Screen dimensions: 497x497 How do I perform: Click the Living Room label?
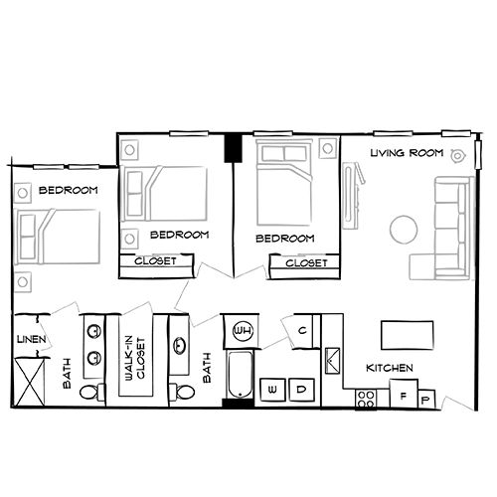[405, 153]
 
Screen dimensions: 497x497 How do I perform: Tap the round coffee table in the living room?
[404, 229]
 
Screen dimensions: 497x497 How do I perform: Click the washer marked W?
[272, 390]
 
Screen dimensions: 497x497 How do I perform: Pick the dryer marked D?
[301, 390]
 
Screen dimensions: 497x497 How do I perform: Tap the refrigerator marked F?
[403, 394]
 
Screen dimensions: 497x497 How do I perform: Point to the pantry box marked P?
[426, 400]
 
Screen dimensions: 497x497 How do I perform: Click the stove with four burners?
[365, 399]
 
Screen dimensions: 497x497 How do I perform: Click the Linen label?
[27, 340]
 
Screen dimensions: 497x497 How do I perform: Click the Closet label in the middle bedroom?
[155, 261]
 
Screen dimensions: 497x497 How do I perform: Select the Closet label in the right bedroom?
[303, 263]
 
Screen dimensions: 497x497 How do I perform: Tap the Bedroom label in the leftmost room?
[69, 189]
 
